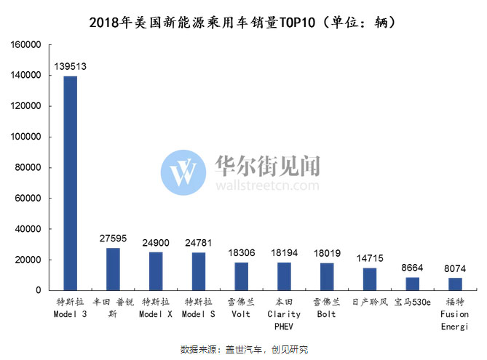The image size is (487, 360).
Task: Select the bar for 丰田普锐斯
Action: pyautogui.click(x=113, y=269)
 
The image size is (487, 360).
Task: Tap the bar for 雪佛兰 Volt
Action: pyautogui.click(x=242, y=276)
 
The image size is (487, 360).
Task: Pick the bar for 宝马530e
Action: pyautogui.click(x=412, y=284)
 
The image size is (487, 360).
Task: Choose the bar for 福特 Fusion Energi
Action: pyautogui.click(x=455, y=284)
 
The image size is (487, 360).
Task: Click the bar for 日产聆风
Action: pyautogui.click(x=370, y=279)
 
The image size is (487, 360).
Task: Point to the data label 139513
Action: pyautogui.click(x=71, y=66)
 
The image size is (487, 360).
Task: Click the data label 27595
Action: pyautogui.click(x=113, y=239)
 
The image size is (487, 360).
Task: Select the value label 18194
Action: pyautogui.click(x=284, y=253)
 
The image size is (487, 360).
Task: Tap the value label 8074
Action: pyautogui.click(x=455, y=268)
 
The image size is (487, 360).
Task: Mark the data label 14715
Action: pyautogui.click(x=370, y=258)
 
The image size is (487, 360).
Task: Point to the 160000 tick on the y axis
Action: pyautogui.click(x=25, y=44)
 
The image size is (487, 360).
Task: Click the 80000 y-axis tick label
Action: pyautogui.click(x=28, y=167)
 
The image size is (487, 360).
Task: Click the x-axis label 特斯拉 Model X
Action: pyautogui.click(x=156, y=308)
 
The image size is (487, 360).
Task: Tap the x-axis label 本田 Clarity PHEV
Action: pyautogui.click(x=284, y=314)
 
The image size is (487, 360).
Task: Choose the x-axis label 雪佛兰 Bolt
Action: pyautogui.click(x=327, y=308)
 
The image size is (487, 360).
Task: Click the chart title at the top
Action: pyautogui.click(x=243, y=22)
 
